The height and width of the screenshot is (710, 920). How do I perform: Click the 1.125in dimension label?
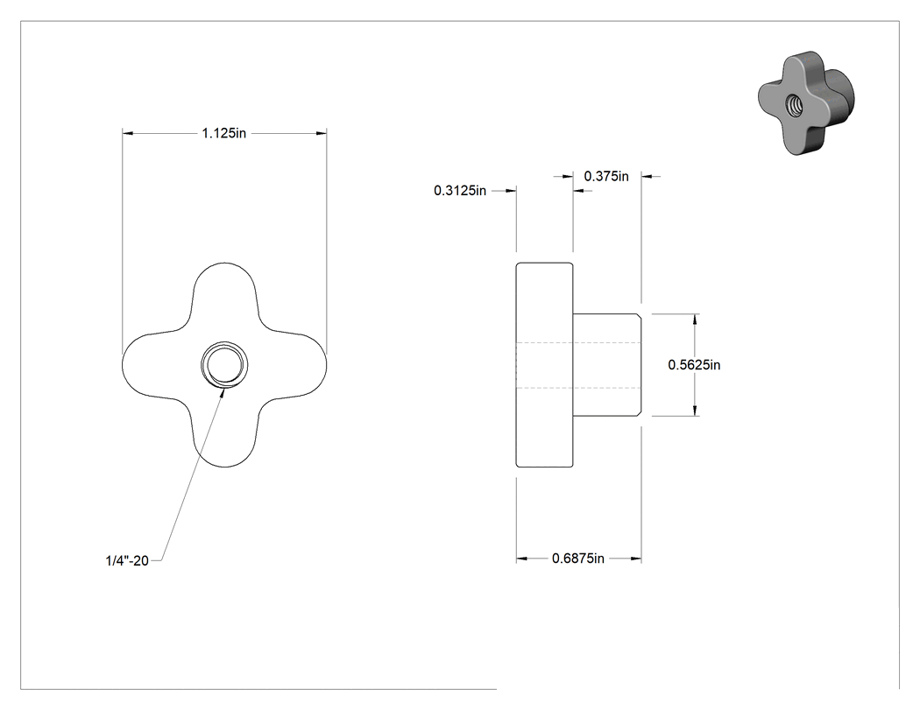pyautogui.click(x=224, y=134)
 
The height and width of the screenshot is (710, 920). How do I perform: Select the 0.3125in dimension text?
pyautogui.click(x=460, y=191)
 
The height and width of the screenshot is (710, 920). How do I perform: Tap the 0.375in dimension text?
pyautogui.click(x=606, y=176)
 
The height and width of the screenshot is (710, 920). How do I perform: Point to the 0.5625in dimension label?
pyautogui.click(x=694, y=365)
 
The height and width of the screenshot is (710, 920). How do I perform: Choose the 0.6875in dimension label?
pyautogui.click(x=578, y=559)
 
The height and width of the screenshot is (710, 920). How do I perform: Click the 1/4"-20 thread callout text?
pyautogui.click(x=127, y=560)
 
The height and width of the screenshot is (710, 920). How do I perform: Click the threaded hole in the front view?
pyautogui.click(x=224, y=365)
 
